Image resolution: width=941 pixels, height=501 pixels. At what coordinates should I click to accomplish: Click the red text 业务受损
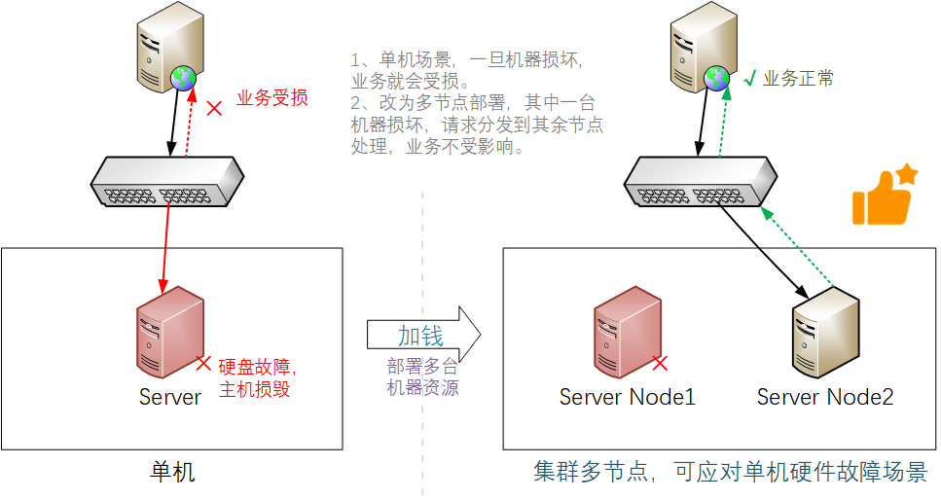click(272, 98)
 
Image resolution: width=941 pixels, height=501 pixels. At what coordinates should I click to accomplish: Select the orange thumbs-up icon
click(883, 196)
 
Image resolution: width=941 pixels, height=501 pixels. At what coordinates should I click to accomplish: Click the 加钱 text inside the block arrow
click(420, 336)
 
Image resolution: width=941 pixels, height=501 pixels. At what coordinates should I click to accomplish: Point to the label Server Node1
click(628, 397)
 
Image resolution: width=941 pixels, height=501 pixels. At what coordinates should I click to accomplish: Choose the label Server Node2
click(825, 397)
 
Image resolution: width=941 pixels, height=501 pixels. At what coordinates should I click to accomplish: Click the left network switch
click(165, 182)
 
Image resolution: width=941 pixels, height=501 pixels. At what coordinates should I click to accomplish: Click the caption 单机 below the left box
click(172, 473)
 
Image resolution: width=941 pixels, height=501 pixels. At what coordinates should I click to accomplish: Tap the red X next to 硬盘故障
click(203, 363)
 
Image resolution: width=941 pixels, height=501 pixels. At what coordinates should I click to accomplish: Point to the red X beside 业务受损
click(215, 106)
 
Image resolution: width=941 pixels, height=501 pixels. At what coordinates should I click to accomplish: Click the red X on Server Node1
click(660, 363)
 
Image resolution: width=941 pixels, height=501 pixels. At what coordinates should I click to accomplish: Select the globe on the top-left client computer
click(183, 77)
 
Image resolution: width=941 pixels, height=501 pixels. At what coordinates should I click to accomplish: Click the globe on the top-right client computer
click(717, 77)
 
